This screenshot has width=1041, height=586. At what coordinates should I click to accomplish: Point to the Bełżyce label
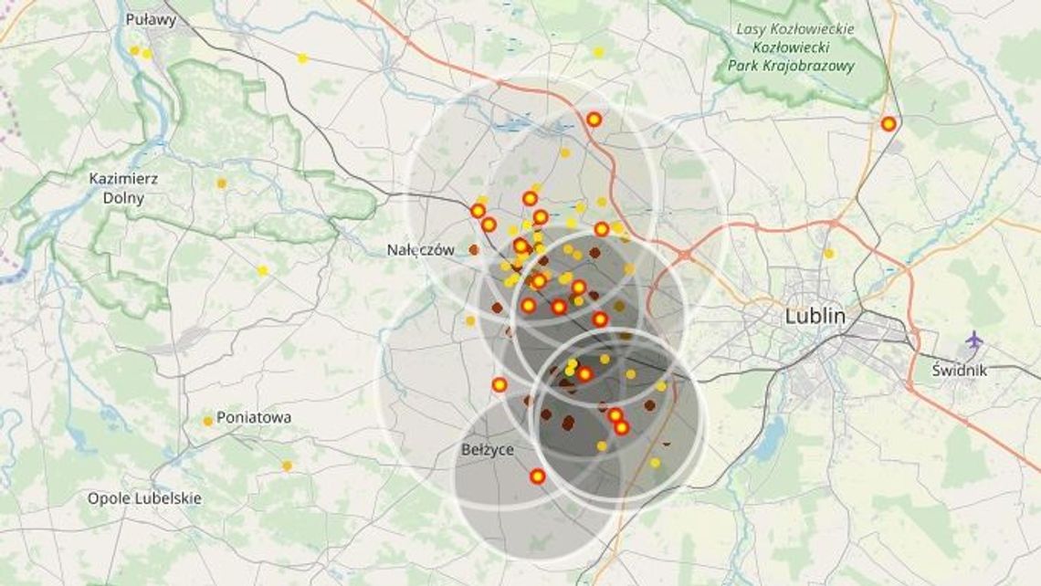[x=488, y=449]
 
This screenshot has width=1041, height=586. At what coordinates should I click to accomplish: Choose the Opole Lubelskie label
[x=144, y=498]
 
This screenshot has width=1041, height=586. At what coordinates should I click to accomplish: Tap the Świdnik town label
[x=960, y=371]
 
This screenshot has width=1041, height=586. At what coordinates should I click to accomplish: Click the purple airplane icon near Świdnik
[x=974, y=340]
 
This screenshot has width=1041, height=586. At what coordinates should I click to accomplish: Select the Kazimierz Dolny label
[x=123, y=187]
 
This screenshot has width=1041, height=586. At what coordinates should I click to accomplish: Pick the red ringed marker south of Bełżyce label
[x=537, y=476]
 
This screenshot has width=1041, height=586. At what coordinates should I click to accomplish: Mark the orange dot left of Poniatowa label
[x=208, y=421]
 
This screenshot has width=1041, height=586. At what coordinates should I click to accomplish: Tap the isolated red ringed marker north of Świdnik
[x=888, y=123]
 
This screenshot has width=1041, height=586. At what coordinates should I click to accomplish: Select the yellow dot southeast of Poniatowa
[x=287, y=466]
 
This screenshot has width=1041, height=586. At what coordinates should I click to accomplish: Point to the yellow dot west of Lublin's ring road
[x=828, y=253]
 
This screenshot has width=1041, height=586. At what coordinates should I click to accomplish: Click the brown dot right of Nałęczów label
[x=474, y=249]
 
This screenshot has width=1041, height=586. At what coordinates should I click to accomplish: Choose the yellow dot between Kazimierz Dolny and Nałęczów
[x=262, y=270]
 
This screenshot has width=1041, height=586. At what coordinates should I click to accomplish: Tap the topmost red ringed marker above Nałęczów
[x=594, y=119]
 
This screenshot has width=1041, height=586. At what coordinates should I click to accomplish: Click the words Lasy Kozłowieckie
[x=794, y=29]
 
